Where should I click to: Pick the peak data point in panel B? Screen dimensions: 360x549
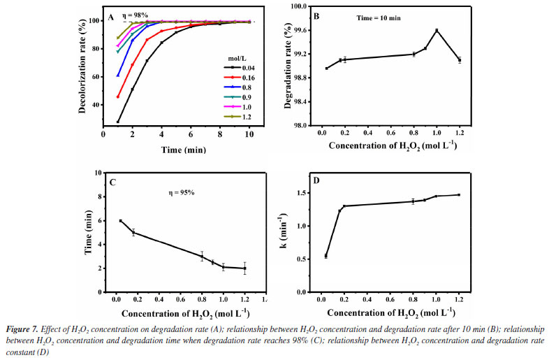pos(437,30)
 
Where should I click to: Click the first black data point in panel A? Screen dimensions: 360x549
pos(118,122)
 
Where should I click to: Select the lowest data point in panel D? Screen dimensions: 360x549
pos(326,256)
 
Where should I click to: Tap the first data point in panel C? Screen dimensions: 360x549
pos(120,221)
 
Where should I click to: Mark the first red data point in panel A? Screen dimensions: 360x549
pos(118,96)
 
